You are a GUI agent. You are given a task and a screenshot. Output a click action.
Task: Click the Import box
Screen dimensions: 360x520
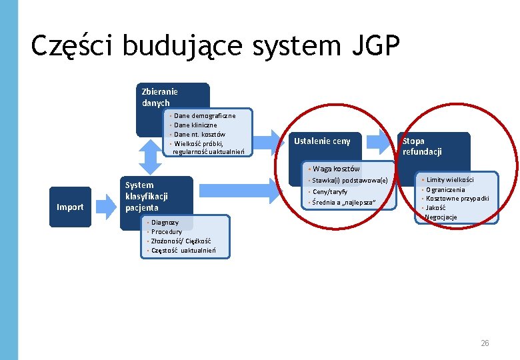point(70,207)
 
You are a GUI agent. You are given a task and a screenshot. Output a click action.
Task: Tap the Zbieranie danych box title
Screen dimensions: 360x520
point(159,97)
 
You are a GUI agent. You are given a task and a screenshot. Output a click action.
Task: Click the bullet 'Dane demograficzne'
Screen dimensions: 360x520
point(204,116)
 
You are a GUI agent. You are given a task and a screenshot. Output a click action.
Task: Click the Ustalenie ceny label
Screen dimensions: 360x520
point(322,141)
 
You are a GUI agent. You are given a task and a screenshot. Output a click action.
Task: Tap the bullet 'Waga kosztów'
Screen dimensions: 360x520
point(336,169)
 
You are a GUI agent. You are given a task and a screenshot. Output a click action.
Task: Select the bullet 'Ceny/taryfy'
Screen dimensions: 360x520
point(329,191)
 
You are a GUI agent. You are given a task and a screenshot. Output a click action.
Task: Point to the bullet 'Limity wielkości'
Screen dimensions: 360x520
point(450,180)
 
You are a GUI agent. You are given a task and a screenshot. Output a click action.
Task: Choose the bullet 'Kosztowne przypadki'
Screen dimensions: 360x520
point(457,199)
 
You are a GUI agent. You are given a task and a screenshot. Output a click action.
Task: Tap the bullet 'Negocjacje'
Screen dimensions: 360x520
point(441,217)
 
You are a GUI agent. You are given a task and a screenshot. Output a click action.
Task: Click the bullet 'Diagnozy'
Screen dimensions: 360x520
point(165,222)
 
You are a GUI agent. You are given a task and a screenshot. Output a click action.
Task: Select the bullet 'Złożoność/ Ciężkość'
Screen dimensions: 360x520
point(181,241)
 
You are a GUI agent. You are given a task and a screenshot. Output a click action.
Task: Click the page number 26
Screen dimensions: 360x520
point(485,343)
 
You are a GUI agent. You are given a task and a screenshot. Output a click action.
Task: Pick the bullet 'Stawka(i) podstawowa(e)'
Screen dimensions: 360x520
point(349,181)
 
